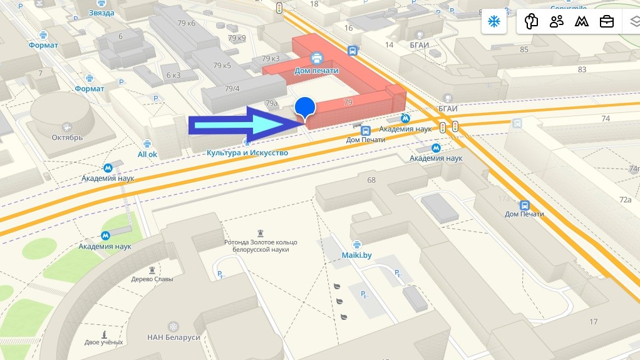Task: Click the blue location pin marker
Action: (304, 108)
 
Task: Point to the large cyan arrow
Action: (244, 126)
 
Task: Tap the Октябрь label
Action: (68, 138)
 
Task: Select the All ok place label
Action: (148, 154)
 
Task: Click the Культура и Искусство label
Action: (247, 153)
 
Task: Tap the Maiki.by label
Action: (357, 255)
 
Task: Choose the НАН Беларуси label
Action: (173, 337)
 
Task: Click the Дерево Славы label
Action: (151, 279)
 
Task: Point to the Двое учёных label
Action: (103, 342)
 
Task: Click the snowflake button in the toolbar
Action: (493, 22)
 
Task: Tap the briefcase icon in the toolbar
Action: (606, 22)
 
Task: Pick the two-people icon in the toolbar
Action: (556, 22)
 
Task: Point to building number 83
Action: (582, 69)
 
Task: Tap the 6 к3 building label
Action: (173, 75)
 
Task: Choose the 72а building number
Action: (625, 200)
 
